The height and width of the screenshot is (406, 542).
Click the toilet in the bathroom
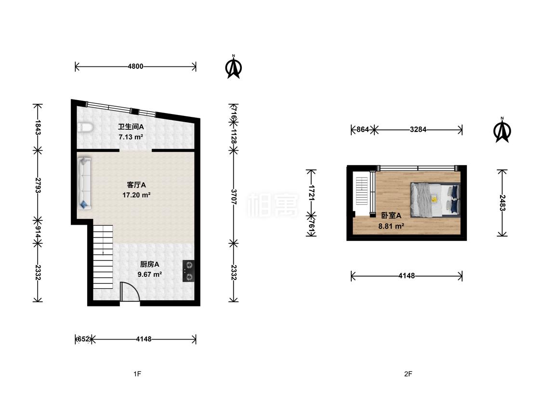pos(85,128)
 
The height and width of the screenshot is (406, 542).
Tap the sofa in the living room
pos(84,183)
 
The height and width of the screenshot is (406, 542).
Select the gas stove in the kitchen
pos(189,271)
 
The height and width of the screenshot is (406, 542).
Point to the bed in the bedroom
pos(435,200)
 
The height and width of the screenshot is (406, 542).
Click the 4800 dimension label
pos(135,66)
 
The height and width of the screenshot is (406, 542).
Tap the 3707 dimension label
pos(234,197)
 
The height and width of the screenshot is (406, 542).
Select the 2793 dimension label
pos(38,185)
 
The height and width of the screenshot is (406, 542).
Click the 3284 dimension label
pos(418,130)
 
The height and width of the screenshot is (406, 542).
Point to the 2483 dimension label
pos(502,203)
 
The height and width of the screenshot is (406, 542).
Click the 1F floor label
pos(137,374)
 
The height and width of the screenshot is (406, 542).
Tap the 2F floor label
pos(408,374)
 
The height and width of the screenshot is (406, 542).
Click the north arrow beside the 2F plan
pos(502,130)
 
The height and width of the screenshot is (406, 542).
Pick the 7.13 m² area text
pos(131,137)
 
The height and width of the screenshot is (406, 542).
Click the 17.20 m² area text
pos(136,195)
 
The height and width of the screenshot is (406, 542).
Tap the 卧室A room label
pos(391,216)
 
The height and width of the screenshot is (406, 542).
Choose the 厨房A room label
pos(149,265)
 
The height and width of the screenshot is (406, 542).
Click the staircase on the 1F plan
pos(103,257)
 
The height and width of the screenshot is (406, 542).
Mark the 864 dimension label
pos(363,130)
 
